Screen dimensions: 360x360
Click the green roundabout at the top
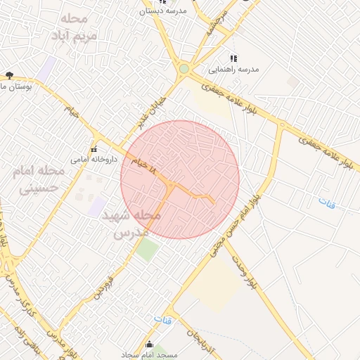pyautogui.click(x=184, y=69)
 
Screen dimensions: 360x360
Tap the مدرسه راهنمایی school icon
pyautogui.click(x=233, y=59)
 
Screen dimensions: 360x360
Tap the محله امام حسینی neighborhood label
pyautogui.click(x=39, y=179)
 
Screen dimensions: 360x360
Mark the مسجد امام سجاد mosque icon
pyautogui.click(x=149, y=345)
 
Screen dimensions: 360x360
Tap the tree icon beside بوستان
pyautogui.click(x=9, y=75)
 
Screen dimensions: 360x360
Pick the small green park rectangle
pyautogui.click(x=147, y=250)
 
